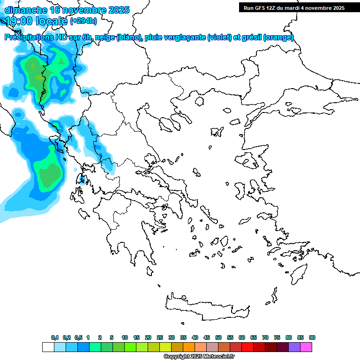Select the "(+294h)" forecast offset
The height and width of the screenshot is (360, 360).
pos(83,21)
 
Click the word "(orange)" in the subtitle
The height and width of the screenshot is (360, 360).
pos(278,37)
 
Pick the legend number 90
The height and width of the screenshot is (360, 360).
pos(312,337)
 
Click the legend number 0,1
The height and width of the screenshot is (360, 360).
pos(55,337)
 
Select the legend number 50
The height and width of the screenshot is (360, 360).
pos(218,337)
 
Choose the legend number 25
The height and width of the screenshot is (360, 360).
pos(160,337)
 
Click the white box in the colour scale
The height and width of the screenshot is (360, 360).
pos(48,347)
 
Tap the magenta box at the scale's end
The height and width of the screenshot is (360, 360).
pos(306,347)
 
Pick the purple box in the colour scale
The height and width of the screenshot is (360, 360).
pos(294,347)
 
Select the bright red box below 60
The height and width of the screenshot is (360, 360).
pos(247,347)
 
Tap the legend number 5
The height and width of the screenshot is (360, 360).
pos(112,337)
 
